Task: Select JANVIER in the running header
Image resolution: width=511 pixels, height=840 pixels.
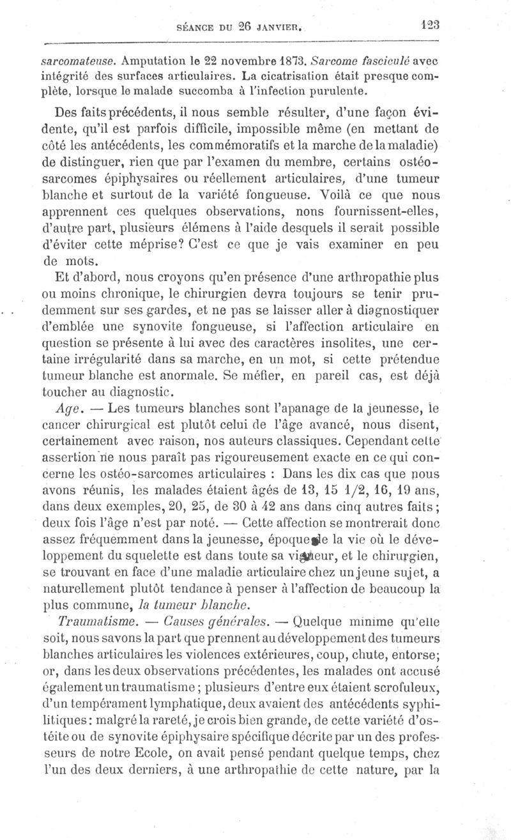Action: pyautogui.click(x=284, y=27)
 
